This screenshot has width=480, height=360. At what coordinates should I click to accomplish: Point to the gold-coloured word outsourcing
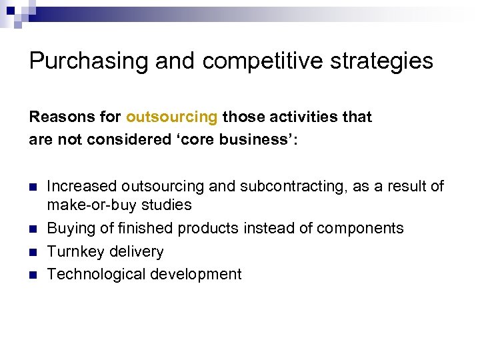171,117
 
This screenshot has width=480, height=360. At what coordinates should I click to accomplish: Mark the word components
360,229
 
